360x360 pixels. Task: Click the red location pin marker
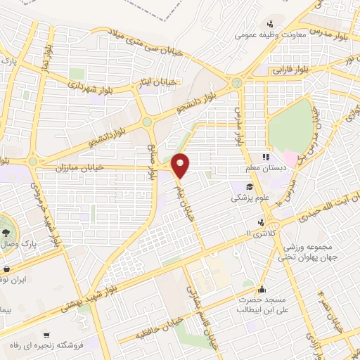tap(181, 165)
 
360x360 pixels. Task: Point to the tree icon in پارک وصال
tap(6, 231)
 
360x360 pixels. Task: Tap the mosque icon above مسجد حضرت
tap(262, 288)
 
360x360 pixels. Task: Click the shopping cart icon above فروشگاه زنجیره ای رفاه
tap(46, 335)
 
